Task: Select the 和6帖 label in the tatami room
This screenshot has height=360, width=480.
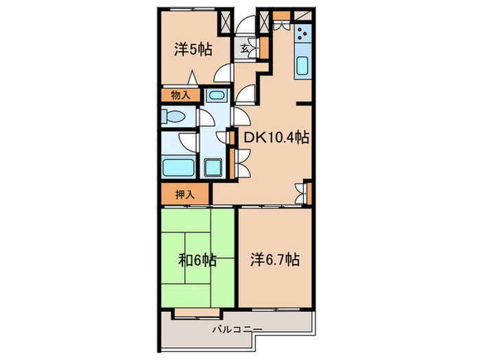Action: coord(198,260)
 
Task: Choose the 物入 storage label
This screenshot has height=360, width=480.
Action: coord(180,96)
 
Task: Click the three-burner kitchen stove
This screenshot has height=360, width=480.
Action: coord(302,34)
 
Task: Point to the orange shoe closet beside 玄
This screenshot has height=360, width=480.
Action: coord(262,49)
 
